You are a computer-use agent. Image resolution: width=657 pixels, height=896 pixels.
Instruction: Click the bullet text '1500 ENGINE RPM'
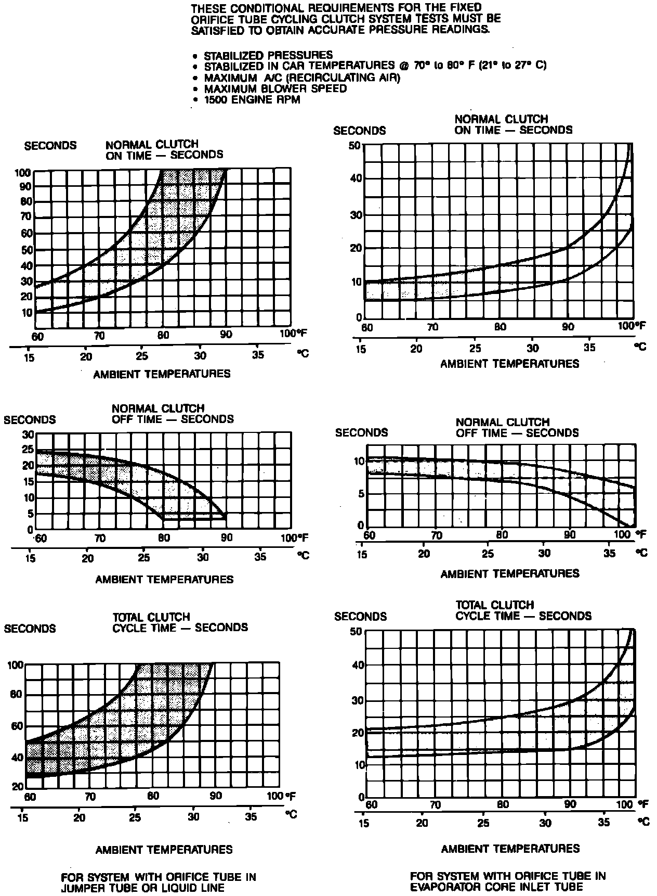[252, 99]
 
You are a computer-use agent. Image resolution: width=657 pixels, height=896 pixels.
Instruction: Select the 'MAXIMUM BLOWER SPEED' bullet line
[275, 88]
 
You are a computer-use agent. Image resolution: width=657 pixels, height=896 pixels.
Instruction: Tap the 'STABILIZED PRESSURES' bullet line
[268, 55]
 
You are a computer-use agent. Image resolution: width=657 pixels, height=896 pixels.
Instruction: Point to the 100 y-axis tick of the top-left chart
[25, 172]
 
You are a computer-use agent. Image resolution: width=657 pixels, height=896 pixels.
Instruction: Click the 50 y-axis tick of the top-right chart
[355, 145]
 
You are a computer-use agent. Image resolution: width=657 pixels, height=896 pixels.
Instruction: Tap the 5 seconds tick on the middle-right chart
[360, 493]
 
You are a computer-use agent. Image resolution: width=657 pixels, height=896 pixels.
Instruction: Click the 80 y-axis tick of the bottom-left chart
[17, 695]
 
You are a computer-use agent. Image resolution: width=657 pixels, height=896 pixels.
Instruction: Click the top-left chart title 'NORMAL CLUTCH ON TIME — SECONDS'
[164, 149]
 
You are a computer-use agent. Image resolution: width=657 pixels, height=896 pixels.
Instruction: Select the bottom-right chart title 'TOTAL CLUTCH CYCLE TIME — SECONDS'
[523, 610]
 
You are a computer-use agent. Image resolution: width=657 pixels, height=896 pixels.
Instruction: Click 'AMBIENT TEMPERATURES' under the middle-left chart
[164, 579]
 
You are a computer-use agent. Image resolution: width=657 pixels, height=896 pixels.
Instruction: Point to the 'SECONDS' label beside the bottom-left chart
[30, 628]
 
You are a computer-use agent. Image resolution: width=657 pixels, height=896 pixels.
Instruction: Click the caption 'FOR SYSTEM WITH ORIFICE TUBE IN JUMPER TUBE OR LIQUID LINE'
[158, 882]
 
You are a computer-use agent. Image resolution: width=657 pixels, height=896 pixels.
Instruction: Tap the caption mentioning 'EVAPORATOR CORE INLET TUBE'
[507, 881]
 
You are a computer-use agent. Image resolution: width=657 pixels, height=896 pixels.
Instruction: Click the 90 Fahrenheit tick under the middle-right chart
[570, 535]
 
